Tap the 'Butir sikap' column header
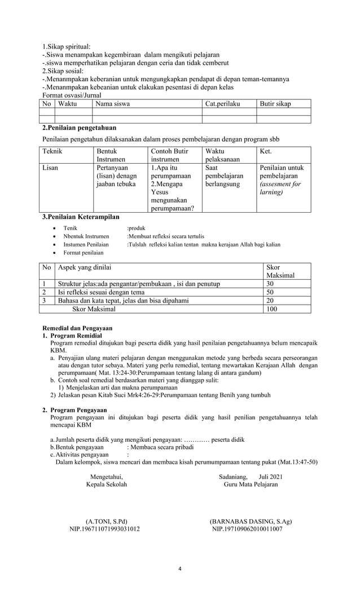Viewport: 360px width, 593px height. point(275,104)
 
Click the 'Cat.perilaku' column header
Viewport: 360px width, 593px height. point(222,104)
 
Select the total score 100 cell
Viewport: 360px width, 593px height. point(272,309)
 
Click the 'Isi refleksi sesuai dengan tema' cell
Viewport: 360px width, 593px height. point(101,292)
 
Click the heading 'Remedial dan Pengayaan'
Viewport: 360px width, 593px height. point(78,328)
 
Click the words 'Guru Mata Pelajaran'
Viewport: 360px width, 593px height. point(251,485)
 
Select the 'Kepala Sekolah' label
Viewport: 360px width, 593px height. point(106,485)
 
